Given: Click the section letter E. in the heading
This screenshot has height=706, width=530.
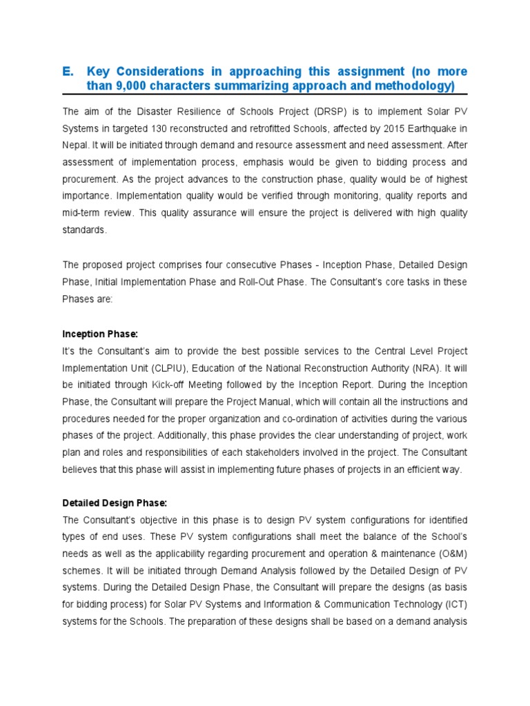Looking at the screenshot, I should [68, 72].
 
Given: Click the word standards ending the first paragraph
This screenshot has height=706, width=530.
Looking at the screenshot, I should [84, 231].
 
